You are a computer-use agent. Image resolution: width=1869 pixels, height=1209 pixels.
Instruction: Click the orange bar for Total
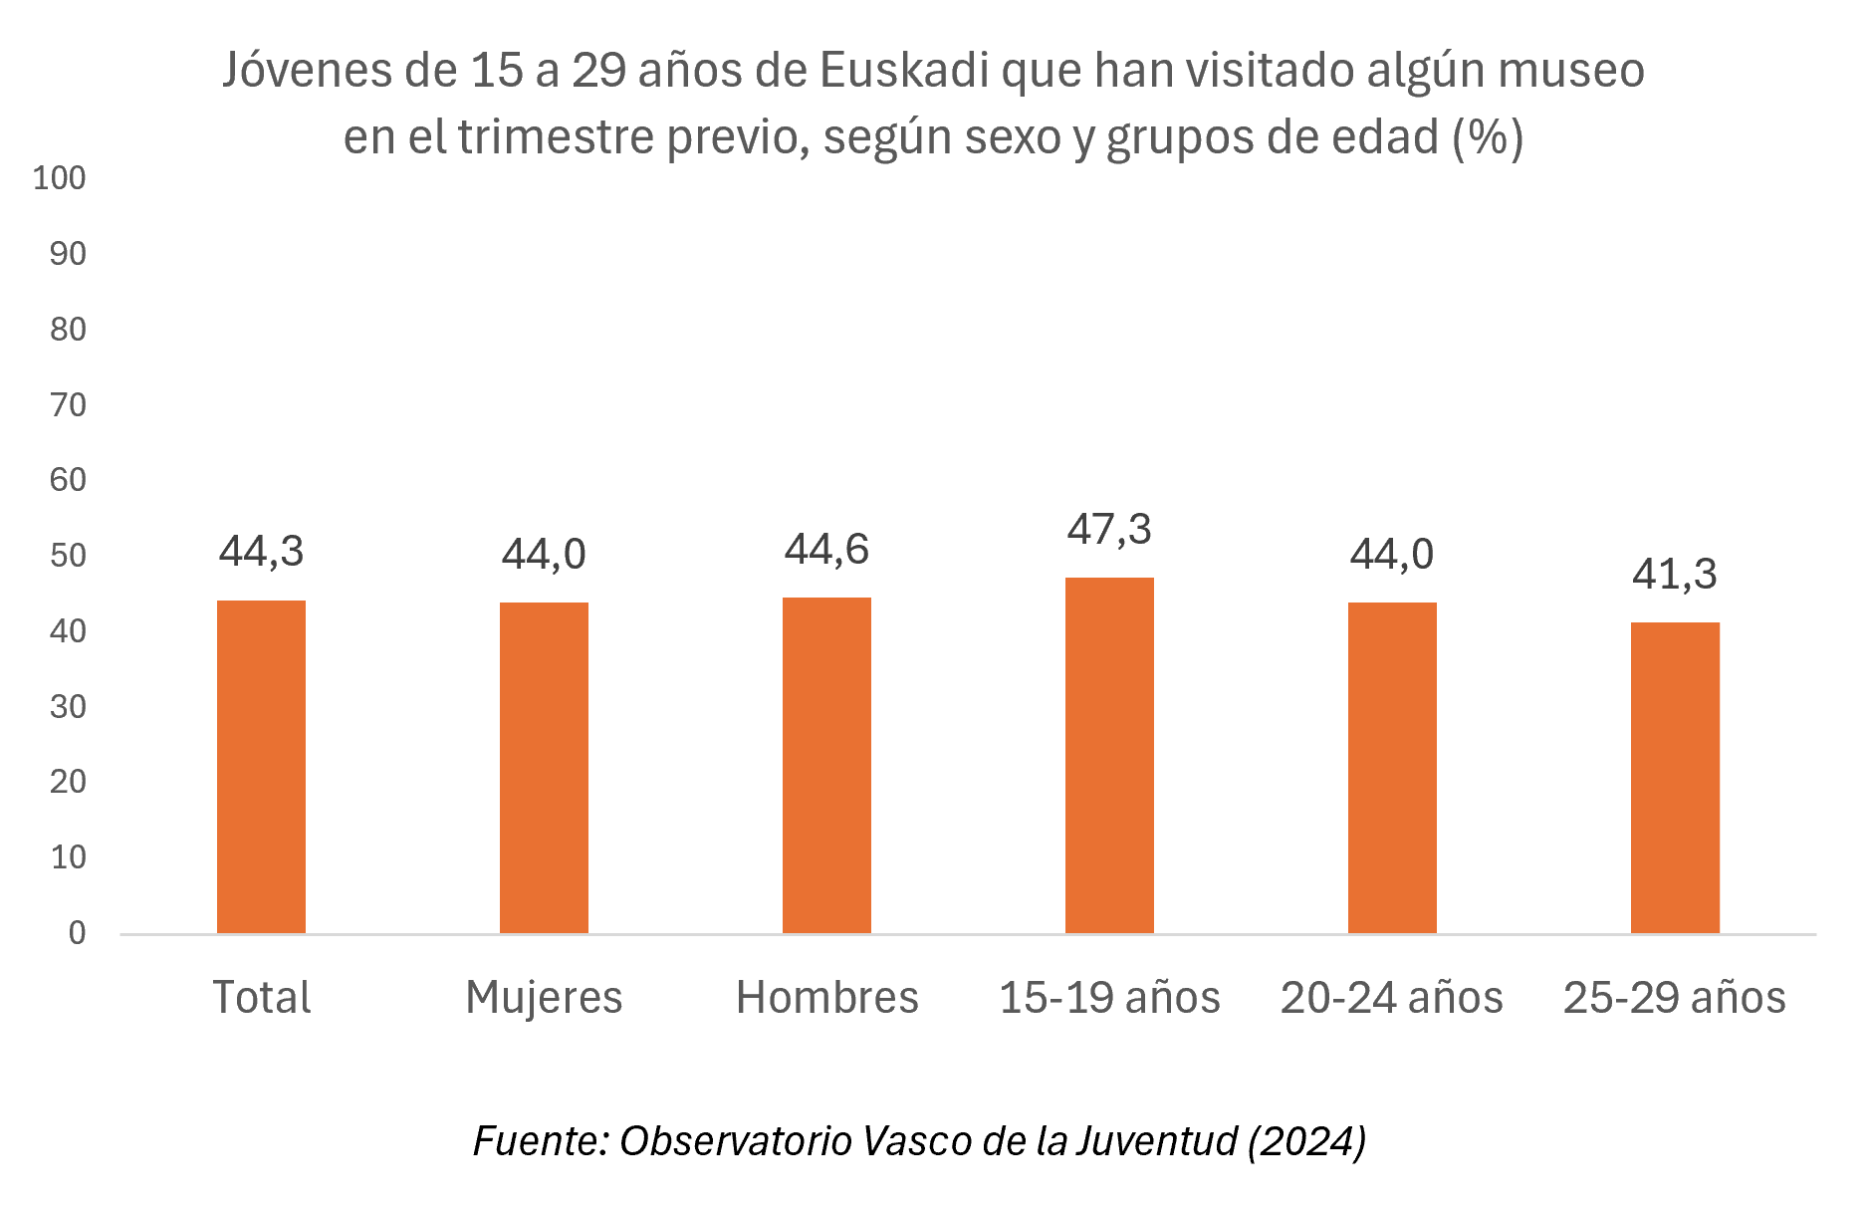click(261, 767)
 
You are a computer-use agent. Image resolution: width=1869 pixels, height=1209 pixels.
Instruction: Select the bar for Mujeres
click(544, 768)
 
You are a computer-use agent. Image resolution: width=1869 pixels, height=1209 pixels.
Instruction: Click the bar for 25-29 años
click(1675, 778)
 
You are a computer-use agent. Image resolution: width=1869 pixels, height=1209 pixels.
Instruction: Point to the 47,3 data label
click(1109, 530)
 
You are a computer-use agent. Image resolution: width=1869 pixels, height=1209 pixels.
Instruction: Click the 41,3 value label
click(1675, 575)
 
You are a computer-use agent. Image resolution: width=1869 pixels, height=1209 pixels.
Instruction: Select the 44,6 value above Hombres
click(826, 550)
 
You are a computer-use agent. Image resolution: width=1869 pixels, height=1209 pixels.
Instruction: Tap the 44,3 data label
click(261, 552)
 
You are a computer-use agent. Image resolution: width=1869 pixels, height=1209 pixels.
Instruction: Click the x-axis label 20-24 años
click(1392, 998)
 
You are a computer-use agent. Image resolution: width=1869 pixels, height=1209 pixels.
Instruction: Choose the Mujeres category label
click(544, 998)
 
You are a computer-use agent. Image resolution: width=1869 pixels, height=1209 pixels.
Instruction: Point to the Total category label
click(261, 998)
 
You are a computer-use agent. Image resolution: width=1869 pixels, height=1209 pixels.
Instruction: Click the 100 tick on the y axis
click(60, 178)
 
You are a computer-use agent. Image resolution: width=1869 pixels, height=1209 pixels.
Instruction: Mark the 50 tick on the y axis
click(68, 556)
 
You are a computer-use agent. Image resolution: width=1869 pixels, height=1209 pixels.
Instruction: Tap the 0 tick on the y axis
click(77, 933)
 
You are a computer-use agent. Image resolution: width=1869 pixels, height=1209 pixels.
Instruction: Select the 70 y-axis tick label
click(68, 405)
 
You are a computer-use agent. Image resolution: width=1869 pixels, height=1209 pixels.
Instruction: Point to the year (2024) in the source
click(1306, 1141)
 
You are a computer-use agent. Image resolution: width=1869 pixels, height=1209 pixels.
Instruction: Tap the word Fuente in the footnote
click(539, 1141)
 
